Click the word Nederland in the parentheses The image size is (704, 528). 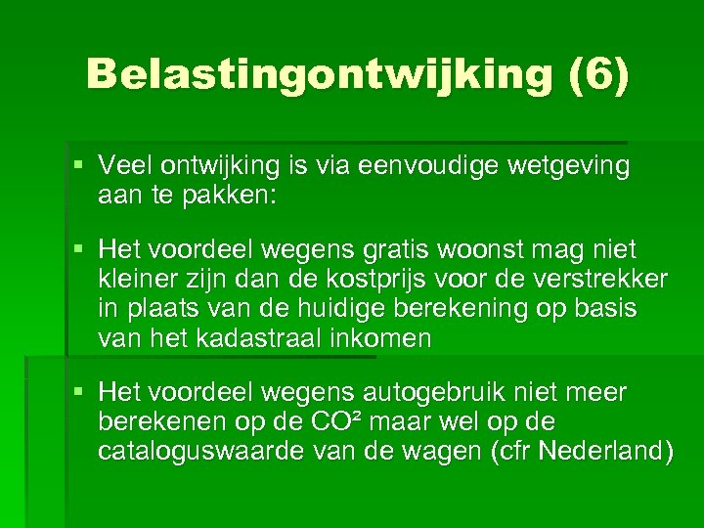pos(603,451)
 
